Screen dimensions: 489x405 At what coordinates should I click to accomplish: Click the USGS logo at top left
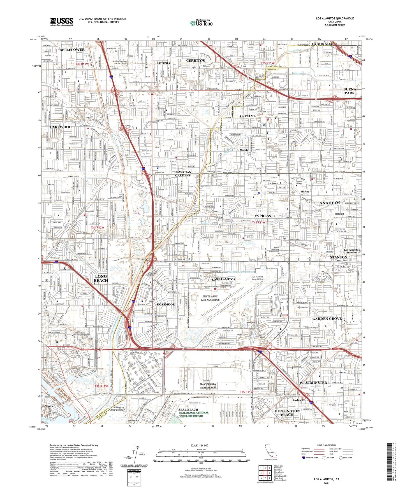pyautogui.click(x=62, y=21)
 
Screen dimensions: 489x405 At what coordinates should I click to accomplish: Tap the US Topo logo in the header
pyautogui.click(x=201, y=23)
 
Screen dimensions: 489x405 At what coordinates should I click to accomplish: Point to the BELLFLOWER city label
pyautogui.click(x=72, y=50)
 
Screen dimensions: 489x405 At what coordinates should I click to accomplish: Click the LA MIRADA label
pyautogui.click(x=322, y=44)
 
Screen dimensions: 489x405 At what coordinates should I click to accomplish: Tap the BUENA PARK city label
pyautogui.click(x=350, y=91)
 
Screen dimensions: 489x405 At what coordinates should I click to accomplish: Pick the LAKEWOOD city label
pyautogui.click(x=61, y=127)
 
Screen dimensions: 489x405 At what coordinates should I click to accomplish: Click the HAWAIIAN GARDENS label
pyautogui.click(x=182, y=174)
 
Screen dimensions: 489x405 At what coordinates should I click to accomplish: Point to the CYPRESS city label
pyautogui.click(x=263, y=216)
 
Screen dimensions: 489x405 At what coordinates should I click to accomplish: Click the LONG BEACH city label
pyautogui.click(x=101, y=278)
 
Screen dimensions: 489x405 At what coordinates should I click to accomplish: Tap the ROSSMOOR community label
pyautogui.click(x=166, y=304)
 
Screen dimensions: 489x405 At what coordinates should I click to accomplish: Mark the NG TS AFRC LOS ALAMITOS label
pyautogui.click(x=210, y=298)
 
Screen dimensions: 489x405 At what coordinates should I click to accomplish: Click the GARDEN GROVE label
pyautogui.click(x=327, y=319)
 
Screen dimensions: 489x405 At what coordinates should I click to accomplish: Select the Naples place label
pyautogui.click(x=49, y=406)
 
